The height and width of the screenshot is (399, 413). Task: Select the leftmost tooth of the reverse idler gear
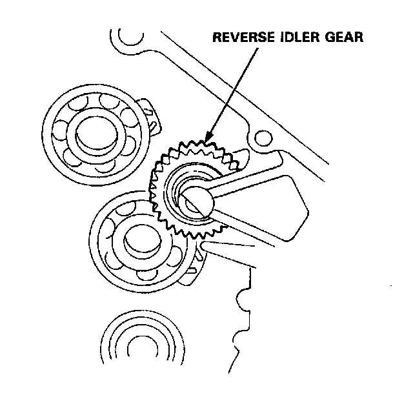click(152, 190)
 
